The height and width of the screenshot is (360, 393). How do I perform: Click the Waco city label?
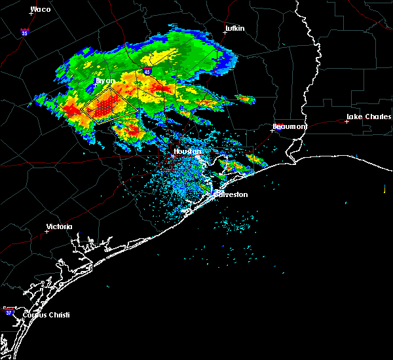[41, 9]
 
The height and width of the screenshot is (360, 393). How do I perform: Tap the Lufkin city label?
[234, 29]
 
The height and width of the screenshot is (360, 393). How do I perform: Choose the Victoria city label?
[59, 226]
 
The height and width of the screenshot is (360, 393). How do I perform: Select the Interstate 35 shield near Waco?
[24, 31]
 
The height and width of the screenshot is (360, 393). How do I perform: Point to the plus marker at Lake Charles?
[347, 122]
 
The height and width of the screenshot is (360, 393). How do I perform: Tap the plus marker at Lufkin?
[225, 33]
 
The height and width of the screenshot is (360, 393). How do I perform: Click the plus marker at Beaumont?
[272, 130]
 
